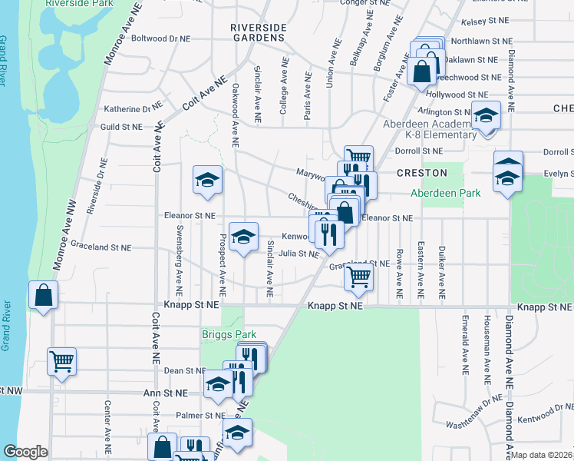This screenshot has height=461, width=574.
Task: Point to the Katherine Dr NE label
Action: pyautogui.click(x=133, y=109)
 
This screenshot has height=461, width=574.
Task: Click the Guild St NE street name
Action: pyautogui.click(x=121, y=127)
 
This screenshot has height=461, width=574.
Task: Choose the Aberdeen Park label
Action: pyautogui.click(x=445, y=193)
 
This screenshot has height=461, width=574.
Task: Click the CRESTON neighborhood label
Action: pyautogui.click(x=422, y=173)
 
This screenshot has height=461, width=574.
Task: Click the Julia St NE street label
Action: pyautogui.click(x=298, y=253)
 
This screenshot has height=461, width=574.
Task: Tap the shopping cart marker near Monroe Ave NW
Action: pyautogui.click(x=61, y=360)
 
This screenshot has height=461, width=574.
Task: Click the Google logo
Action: pyautogui.click(x=25, y=452)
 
